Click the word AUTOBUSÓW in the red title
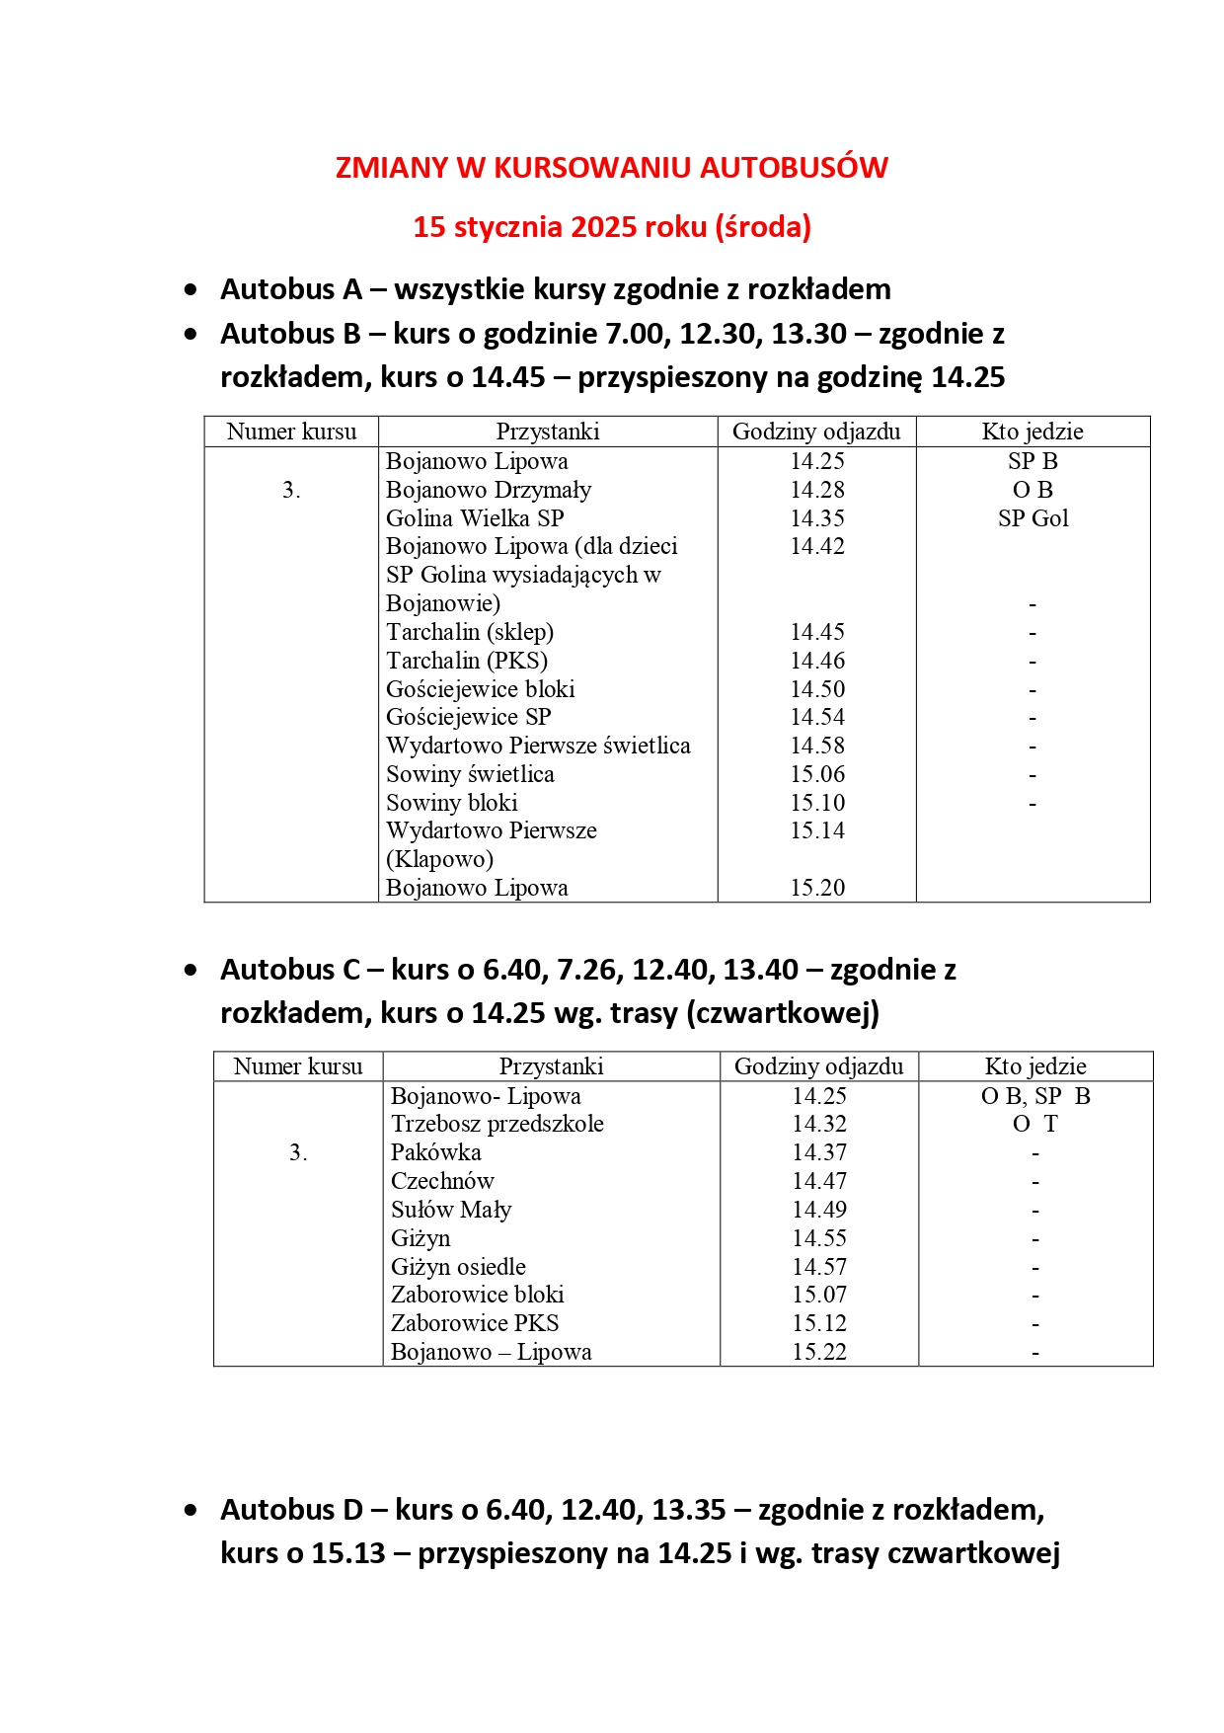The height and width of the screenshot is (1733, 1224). pyautogui.click(x=794, y=168)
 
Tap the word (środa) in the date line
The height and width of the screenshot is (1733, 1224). pyautogui.click(x=765, y=227)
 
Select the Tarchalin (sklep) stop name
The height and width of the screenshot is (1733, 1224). pyautogui.click(x=470, y=632)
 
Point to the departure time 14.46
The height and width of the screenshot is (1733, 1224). pyautogui.click(x=817, y=661)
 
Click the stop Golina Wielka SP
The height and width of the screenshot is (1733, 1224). pyautogui.click(x=475, y=518)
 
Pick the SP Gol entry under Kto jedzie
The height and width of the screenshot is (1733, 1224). pyautogui.click(x=1033, y=518)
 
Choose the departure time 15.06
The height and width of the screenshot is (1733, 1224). pyautogui.click(x=817, y=774)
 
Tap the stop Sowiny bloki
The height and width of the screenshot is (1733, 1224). pyautogui.click(x=452, y=803)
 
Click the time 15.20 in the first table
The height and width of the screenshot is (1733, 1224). pyautogui.click(x=817, y=888)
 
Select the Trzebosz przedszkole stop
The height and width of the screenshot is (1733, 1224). pyautogui.click(x=497, y=1124)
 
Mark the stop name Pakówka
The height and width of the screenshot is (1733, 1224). pyautogui.click(x=436, y=1152)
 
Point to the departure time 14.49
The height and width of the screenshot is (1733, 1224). pyautogui.click(x=819, y=1210)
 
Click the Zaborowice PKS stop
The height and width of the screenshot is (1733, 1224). pyautogui.click(x=475, y=1323)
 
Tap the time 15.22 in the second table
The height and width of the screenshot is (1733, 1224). pyautogui.click(x=819, y=1352)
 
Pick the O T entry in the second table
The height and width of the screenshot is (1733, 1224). pyautogui.click(x=1034, y=1124)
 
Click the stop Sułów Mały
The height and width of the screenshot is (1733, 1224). pyautogui.click(x=451, y=1210)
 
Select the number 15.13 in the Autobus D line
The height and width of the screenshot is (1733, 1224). pyautogui.click(x=348, y=1553)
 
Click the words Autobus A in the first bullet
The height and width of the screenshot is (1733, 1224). pyautogui.click(x=291, y=289)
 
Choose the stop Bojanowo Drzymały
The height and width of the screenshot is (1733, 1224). pyautogui.click(x=489, y=490)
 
